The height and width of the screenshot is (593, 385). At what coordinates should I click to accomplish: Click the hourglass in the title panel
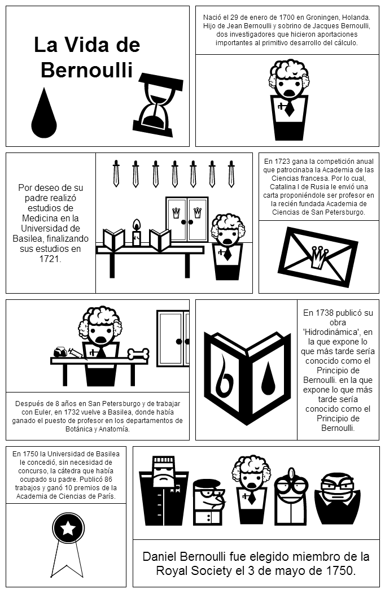(x=158, y=104)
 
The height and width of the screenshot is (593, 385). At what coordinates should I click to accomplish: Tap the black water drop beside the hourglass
(x=44, y=113)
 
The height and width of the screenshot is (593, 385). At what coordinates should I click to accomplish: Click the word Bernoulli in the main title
(x=87, y=70)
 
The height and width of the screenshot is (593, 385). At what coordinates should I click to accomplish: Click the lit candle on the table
(x=136, y=233)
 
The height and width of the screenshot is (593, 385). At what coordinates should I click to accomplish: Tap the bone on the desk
(x=138, y=354)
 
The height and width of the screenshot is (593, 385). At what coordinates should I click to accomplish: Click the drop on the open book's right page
(x=268, y=376)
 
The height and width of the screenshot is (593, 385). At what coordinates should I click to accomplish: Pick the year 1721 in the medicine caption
(x=50, y=259)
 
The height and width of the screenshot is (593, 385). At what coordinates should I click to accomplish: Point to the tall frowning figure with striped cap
(x=163, y=491)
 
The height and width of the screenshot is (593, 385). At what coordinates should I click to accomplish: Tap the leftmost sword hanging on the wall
(x=116, y=173)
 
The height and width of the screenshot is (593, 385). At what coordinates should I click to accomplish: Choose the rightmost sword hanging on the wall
(x=231, y=173)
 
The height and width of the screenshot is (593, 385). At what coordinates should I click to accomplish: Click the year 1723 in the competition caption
(x=282, y=161)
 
